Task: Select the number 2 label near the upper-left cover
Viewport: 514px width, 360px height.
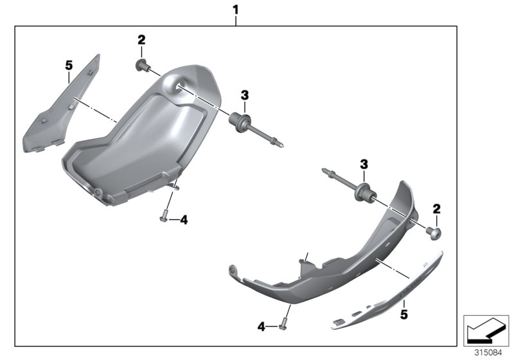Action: [141, 40]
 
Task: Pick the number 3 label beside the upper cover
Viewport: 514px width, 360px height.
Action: [245, 96]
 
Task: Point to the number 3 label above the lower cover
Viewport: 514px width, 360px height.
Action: [364, 165]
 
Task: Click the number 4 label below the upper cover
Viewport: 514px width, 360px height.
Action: [183, 220]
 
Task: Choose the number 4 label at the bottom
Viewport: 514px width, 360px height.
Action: [261, 327]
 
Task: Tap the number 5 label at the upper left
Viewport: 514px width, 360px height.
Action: [69, 64]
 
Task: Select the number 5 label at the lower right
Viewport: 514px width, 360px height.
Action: [405, 315]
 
